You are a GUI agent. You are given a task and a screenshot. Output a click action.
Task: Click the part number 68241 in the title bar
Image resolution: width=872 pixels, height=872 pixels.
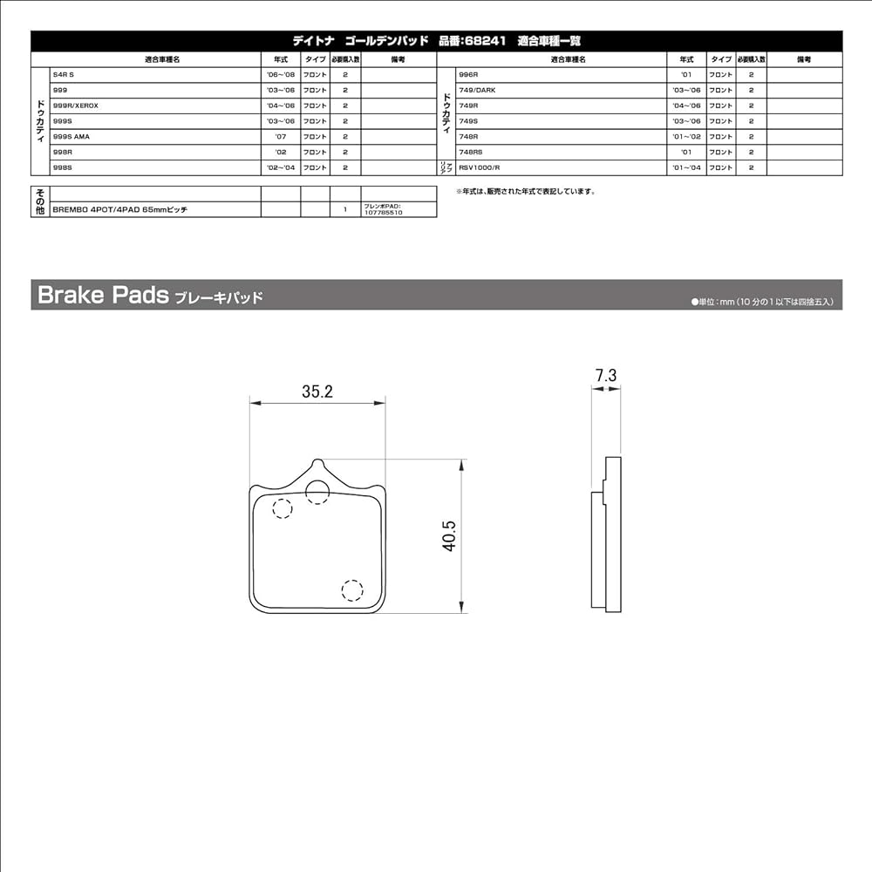[x=483, y=40]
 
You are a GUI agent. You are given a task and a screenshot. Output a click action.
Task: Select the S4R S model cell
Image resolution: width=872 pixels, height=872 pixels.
[x=65, y=75]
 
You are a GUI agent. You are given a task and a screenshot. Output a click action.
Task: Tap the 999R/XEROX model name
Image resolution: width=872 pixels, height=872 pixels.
[x=76, y=106]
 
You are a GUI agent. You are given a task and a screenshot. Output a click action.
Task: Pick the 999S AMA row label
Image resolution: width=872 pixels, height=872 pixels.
[x=72, y=136]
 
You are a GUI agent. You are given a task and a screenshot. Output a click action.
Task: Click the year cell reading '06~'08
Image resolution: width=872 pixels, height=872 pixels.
[x=281, y=75]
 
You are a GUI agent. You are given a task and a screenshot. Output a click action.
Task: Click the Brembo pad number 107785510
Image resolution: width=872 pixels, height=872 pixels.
[x=383, y=213]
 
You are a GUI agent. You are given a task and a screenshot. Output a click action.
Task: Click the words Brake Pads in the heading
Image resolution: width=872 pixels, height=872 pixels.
[x=103, y=296]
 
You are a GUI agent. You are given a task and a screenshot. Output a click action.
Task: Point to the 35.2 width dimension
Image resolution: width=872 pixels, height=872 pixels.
[x=317, y=392]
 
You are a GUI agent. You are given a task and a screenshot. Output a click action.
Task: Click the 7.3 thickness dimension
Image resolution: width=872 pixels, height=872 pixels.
[x=606, y=376]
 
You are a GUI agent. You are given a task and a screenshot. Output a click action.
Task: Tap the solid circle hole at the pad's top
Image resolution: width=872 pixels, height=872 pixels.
[x=317, y=492]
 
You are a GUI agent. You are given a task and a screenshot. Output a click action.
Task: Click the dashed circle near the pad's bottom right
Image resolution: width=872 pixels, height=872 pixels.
[x=352, y=590]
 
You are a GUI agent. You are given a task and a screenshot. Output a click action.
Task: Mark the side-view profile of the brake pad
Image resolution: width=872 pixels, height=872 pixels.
[x=607, y=534]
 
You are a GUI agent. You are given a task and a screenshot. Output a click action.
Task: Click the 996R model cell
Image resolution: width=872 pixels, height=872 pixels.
[x=467, y=75]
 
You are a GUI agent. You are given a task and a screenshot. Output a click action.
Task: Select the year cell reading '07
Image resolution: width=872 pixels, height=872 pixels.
[x=281, y=136]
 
